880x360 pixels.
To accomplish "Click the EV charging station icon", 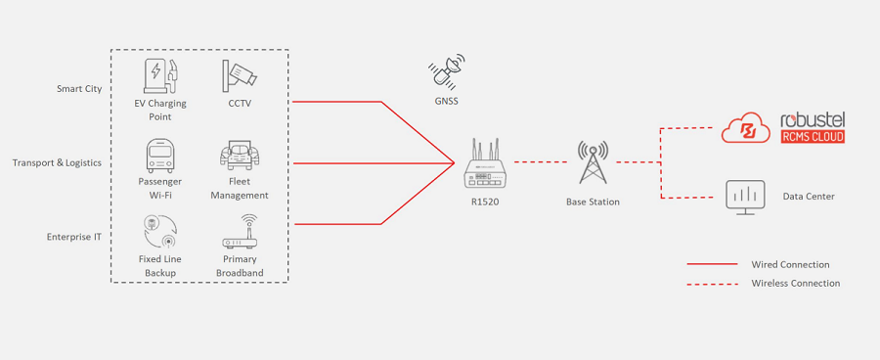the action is pyautogui.click(x=160, y=76).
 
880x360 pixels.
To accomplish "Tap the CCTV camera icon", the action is pyautogui.click(x=240, y=76).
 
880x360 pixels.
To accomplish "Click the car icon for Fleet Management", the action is pyautogui.click(x=240, y=155).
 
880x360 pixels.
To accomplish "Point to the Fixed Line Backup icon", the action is pyautogui.click(x=160, y=232).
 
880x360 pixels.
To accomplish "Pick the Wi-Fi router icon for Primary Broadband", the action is pyautogui.click(x=240, y=232).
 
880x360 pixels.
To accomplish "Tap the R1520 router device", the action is pyautogui.click(x=485, y=164).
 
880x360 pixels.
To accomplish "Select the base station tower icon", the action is pyautogui.click(x=593, y=162).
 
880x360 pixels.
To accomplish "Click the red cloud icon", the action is pyautogui.click(x=746, y=128).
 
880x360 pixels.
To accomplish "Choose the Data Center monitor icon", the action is pyautogui.click(x=745, y=198).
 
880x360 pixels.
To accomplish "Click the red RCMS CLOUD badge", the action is pyautogui.click(x=813, y=137).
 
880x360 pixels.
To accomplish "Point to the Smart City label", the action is pyautogui.click(x=79, y=89).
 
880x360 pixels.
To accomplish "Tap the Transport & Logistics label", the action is pyautogui.click(x=58, y=162).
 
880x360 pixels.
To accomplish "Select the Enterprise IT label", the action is pyautogui.click(x=74, y=237).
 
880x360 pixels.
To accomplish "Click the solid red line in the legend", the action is pyautogui.click(x=712, y=264).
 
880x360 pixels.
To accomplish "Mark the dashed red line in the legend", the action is pyautogui.click(x=712, y=284).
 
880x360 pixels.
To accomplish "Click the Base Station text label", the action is pyautogui.click(x=593, y=202).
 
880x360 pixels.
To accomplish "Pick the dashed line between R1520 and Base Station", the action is pyautogui.click(x=541, y=161).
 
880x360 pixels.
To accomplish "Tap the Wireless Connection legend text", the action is pyautogui.click(x=796, y=283).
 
